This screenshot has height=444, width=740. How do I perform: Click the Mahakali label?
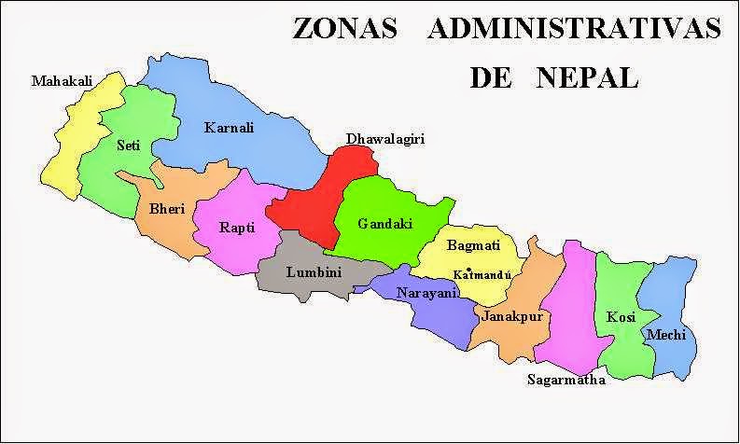(x=63, y=82)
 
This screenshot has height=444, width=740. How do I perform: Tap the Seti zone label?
(x=129, y=146)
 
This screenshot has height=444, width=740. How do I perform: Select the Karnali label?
(x=229, y=128)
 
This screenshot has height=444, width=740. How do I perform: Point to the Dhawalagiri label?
(x=385, y=139)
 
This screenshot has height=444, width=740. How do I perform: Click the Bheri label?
(x=160, y=209)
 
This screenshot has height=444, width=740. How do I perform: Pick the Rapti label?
(x=237, y=227)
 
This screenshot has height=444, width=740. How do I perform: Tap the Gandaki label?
(x=385, y=224)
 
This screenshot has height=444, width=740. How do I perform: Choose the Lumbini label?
(x=314, y=272)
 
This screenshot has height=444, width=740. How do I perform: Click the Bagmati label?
(x=472, y=246)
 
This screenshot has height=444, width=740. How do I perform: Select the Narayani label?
(x=426, y=293)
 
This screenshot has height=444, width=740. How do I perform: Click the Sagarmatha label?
(x=566, y=380)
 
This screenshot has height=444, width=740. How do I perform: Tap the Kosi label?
(x=621, y=317)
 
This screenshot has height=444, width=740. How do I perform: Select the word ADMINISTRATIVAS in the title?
(x=575, y=29)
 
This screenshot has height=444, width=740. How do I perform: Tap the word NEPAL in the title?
(x=587, y=77)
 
